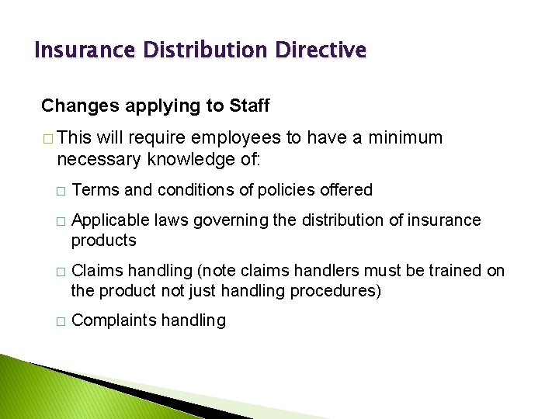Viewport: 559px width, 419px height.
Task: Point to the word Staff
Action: tap(249, 105)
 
